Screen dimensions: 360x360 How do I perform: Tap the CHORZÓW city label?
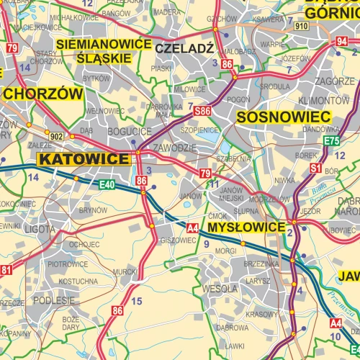pos(43,94)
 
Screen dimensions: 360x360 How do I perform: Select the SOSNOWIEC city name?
pos(283,117)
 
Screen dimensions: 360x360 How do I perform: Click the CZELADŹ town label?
pos(184,48)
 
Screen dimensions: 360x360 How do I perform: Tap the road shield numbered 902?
pos(57,135)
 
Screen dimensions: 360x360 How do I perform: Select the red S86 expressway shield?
pos(202,111)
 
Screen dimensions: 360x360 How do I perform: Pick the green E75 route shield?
pos(331,141)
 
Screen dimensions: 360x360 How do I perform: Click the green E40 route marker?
pos(107,184)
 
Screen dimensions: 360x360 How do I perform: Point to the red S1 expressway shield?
pos(315,168)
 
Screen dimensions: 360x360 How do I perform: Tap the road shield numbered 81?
pos(6,270)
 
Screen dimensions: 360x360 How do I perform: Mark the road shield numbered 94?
pos(341,41)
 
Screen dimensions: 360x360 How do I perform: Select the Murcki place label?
pos(125,271)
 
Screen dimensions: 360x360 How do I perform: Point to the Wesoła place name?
pos(220,288)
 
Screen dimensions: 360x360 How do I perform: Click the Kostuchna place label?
pos(78,281)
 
